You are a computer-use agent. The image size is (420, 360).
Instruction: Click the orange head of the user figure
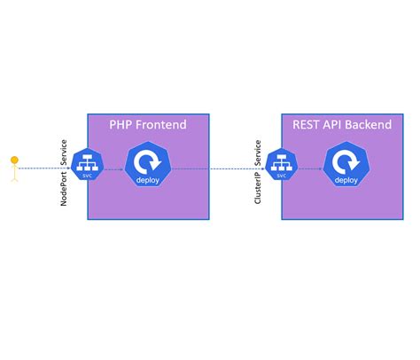(x=14, y=160)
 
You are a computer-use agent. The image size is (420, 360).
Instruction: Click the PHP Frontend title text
(x=148, y=125)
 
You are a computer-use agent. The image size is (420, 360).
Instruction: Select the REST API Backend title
(x=341, y=125)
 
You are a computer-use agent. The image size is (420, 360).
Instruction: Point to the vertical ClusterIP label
(x=258, y=186)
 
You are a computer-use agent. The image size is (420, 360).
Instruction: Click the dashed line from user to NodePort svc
(x=44, y=168)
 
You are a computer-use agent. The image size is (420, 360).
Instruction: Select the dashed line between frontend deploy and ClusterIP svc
(x=213, y=168)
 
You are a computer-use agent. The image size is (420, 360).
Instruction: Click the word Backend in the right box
(x=368, y=125)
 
